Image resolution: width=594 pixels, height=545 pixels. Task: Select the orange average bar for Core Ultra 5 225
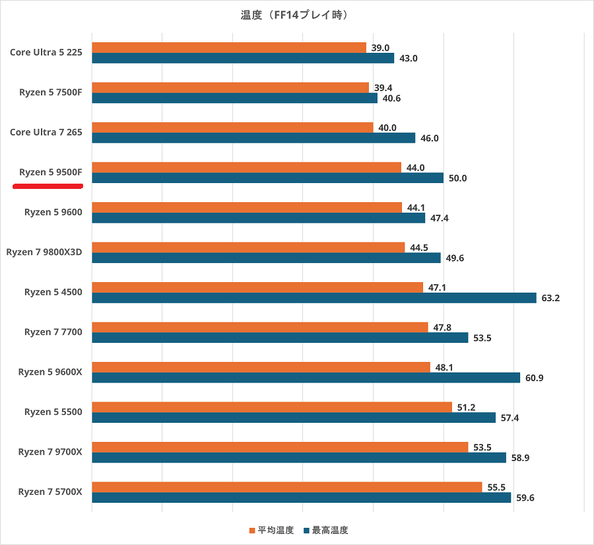tap(228, 48)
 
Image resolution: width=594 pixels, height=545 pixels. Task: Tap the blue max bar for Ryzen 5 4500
tap(313, 298)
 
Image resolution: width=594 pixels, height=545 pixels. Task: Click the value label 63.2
tap(550, 298)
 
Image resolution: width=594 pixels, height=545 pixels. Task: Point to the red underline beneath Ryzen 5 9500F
tap(48, 186)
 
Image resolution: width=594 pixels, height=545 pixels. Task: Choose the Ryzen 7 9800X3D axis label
tap(44, 252)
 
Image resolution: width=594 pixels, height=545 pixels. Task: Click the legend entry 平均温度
tap(271, 530)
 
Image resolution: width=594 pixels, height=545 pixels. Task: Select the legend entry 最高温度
tap(325, 530)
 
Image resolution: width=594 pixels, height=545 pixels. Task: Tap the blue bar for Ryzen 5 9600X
tap(306, 378)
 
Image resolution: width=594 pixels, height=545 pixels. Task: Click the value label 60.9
tap(535, 378)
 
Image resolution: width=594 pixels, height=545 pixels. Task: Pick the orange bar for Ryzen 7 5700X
tap(286, 487)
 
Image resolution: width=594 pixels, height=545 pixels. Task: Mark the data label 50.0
tap(457, 178)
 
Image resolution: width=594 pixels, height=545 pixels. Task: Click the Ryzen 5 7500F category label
tap(51, 92)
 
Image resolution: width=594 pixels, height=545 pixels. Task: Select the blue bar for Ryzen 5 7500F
tap(234, 98)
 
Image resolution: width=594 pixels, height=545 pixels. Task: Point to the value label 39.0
tap(380, 48)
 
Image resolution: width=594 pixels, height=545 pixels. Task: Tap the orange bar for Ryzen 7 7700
tap(259, 328)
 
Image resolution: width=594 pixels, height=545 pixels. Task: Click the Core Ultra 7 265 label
tap(46, 132)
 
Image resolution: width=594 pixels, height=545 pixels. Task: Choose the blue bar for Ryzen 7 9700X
tap(298, 458)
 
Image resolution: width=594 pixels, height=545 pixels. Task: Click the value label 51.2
tap(466, 408)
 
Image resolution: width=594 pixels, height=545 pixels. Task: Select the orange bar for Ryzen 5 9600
tap(246, 207)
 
